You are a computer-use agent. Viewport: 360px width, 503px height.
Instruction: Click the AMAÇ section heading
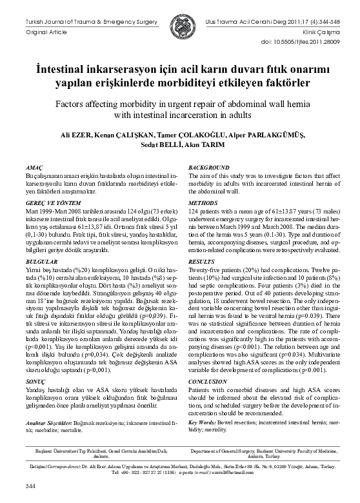click(31, 168)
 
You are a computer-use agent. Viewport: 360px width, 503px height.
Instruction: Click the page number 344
click(30, 485)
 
